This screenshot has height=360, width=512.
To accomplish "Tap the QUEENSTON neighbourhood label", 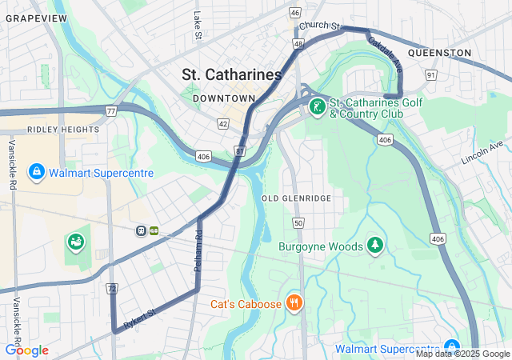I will point(439,53).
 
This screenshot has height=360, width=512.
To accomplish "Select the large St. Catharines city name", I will point(232,74).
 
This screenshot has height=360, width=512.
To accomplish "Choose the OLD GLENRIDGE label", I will point(296,198).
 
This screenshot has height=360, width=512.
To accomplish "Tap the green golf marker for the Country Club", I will point(317,107).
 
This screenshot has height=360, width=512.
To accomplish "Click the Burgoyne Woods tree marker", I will point(374,243).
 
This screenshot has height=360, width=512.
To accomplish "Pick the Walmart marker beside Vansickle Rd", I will point(37,171).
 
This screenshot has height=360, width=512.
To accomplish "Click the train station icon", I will point(142,230).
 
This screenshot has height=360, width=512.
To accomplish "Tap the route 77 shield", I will point(110,111).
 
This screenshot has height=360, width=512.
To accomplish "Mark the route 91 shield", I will point(430,75).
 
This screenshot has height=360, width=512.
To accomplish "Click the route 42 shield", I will point(222,124).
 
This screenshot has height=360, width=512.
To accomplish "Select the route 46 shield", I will point(295,13).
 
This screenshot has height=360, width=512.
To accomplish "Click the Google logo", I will point(26,350).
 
